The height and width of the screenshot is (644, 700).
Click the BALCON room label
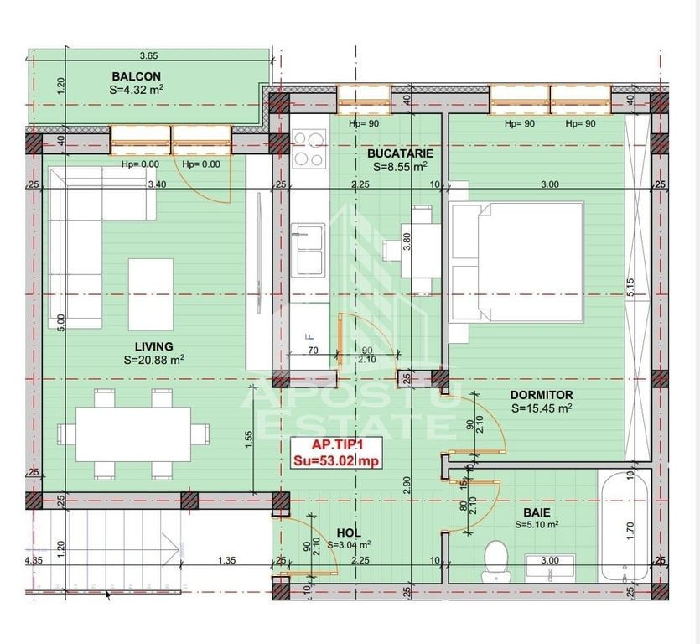coord(136,76)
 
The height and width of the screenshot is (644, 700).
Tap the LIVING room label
coord(154,346)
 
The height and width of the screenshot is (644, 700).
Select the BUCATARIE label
coord(400,153)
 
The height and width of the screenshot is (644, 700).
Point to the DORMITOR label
coord(541,395)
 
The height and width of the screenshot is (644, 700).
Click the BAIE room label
coord(537,512)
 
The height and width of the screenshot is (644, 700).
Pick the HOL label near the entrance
coord(349,532)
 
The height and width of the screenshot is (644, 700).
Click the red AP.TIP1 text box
coord(337,453)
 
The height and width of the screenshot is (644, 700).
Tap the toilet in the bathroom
coord(496,561)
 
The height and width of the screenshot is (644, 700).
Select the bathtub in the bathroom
coord(625,526)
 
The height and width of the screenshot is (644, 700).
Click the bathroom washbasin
coord(550,568)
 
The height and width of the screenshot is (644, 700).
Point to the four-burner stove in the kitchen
coord(309,148)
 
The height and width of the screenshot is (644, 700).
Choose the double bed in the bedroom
coord(517,262)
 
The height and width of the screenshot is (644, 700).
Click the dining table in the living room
coord(133,434)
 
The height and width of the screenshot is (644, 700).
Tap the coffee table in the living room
coord(151,294)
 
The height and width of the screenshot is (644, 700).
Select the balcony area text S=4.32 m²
coord(136,90)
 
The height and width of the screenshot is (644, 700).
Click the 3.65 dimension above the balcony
coord(148,56)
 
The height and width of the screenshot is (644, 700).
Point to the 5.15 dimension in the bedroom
coord(630,288)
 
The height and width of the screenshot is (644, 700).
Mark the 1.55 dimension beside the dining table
coord(249,439)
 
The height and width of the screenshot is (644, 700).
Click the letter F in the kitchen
coord(307,336)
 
